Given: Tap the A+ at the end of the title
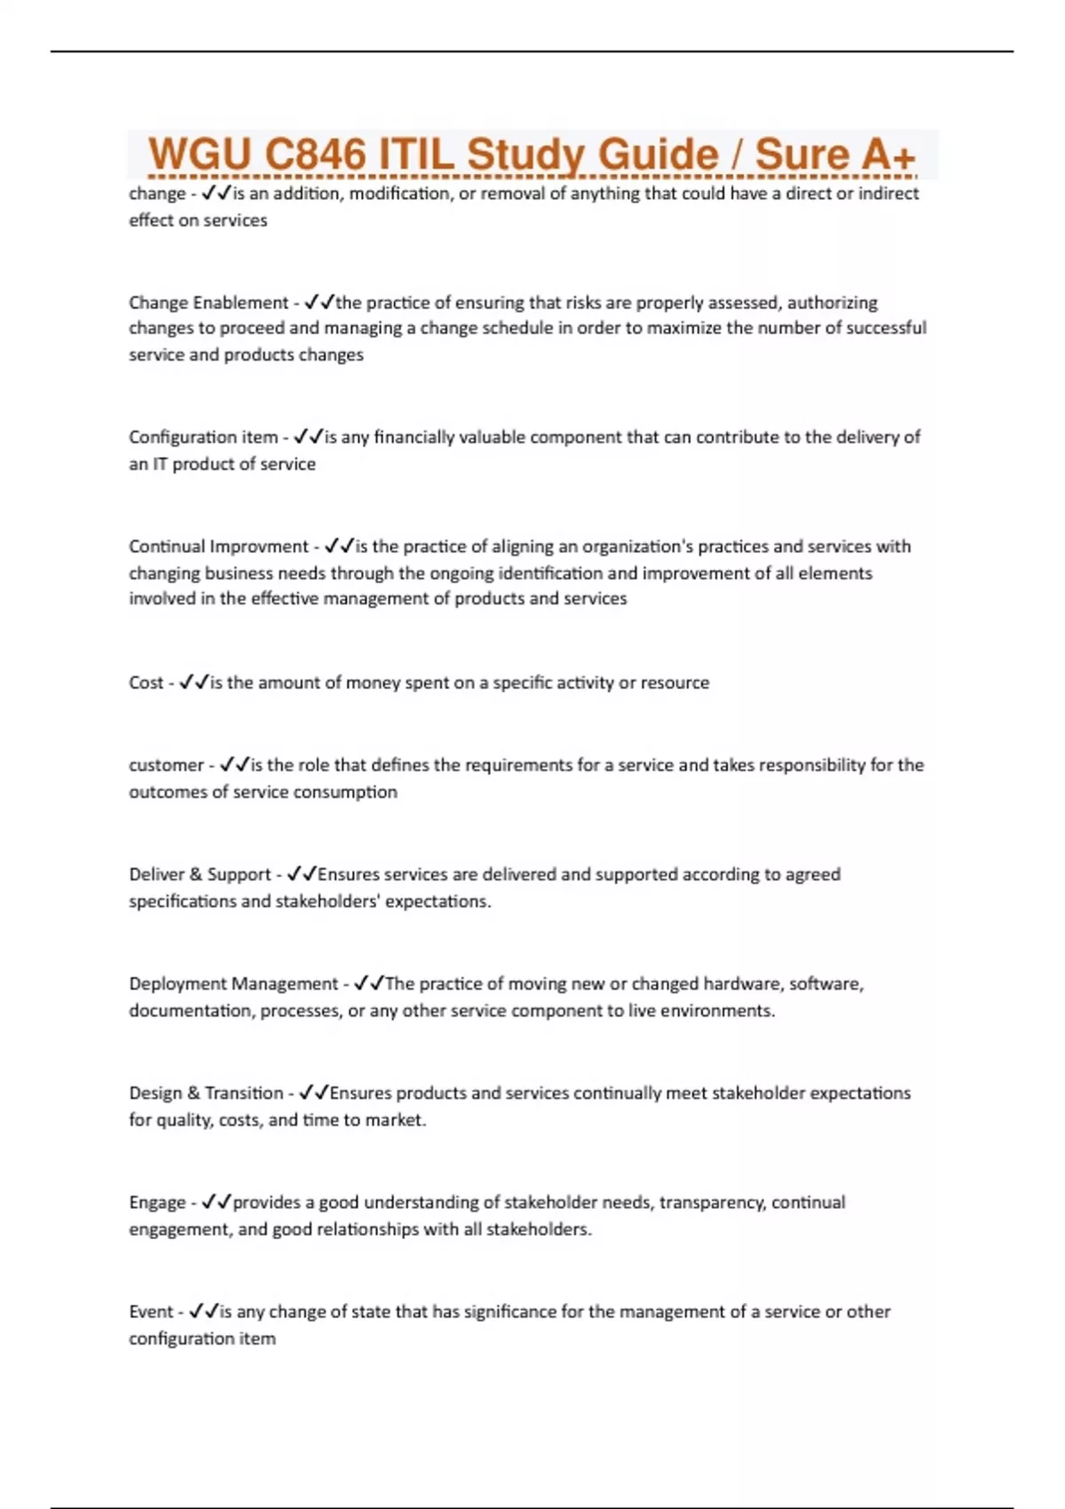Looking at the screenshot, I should [887, 155].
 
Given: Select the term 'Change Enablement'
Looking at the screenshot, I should [209, 303].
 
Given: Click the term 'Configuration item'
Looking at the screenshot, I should [203, 437].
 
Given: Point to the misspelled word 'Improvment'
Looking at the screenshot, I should [258, 546].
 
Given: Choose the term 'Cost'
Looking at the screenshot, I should [146, 683].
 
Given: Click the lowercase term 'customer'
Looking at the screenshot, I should [166, 765].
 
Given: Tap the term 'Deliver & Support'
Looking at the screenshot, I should [200, 874].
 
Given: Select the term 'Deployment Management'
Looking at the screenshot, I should [233, 984].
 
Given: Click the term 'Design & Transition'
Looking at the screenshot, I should [206, 1093].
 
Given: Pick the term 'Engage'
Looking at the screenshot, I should [157, 1202].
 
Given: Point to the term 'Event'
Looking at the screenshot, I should [151, 1311].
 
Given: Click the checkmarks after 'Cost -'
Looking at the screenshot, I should [193, 683].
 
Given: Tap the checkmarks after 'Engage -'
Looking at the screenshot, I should [216, 1202].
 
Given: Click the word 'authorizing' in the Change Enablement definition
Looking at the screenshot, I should [832, 303].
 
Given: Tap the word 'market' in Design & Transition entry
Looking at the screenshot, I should [393, 1120].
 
